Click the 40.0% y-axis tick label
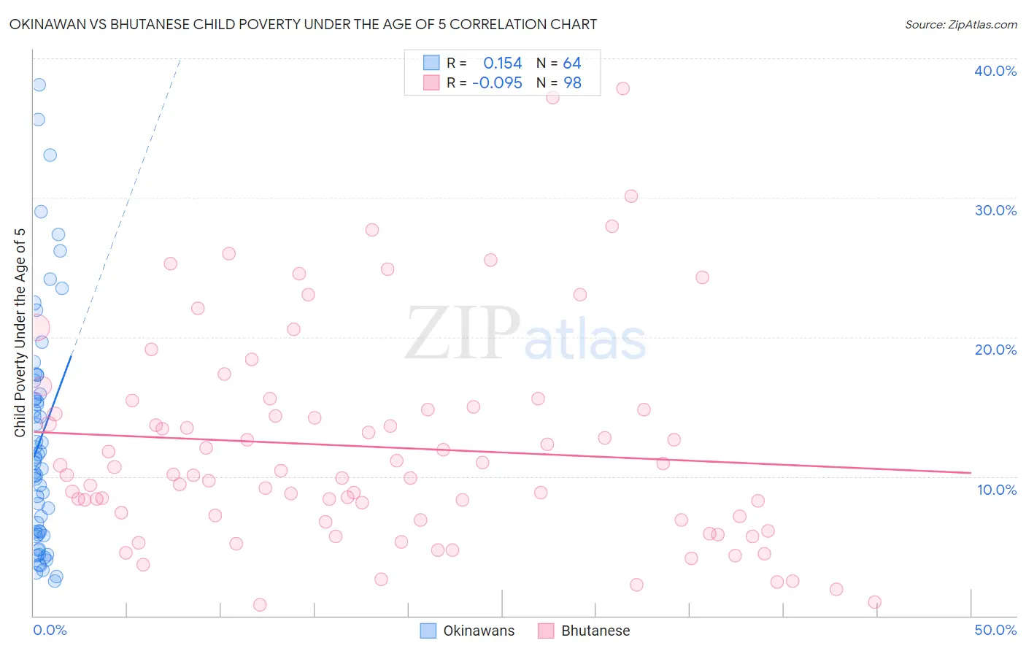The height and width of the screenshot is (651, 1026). (x=995, y=71)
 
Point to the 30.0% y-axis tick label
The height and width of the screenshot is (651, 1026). (x=995, y=210)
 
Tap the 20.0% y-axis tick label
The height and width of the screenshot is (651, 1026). (x=995, y=350)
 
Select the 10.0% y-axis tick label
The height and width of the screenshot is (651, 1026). (x=996, y=490)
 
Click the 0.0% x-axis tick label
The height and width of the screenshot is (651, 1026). (x=50, y=630)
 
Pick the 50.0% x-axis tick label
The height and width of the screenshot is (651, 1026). (x=995, y=630)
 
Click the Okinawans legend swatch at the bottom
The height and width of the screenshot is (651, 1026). (x=428, y=631)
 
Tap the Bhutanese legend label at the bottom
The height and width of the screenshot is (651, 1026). (x=595, y=631)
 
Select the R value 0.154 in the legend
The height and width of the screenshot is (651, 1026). (x=502, y=63)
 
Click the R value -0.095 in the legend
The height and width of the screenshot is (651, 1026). (x=497, y=83)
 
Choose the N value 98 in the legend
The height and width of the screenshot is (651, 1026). (x=572, y=83)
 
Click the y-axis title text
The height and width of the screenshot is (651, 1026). (x=20, y=332)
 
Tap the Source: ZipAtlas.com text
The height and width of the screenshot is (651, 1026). (x=960, y=25)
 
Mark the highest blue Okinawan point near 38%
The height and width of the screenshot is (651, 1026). (x=39, y=85)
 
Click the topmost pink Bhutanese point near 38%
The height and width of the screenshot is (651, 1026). (x=622, y=88)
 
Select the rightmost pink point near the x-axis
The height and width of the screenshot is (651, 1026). (x=874, y=602)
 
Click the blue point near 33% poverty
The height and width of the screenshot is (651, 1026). (x=50, y=155)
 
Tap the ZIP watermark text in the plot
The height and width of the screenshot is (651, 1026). (x=463, y=334)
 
